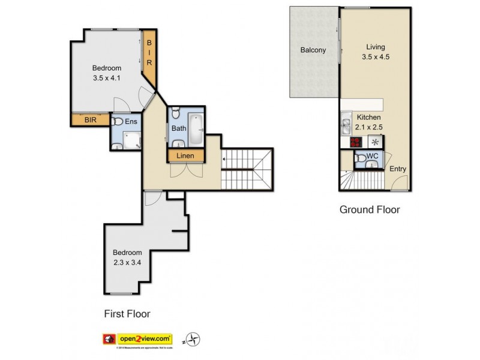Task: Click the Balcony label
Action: pos(313,50)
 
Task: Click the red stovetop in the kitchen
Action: pos(356,142)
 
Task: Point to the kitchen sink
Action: pos(347,126)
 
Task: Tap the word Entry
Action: pos(398,169)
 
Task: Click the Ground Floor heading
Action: pos(370,210)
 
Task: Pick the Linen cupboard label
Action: pos(185,156)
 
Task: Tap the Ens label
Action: pos(131,122)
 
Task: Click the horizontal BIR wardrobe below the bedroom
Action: pos(90,120)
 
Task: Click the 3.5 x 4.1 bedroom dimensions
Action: pos(107,78)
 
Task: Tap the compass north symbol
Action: pos(193,340)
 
